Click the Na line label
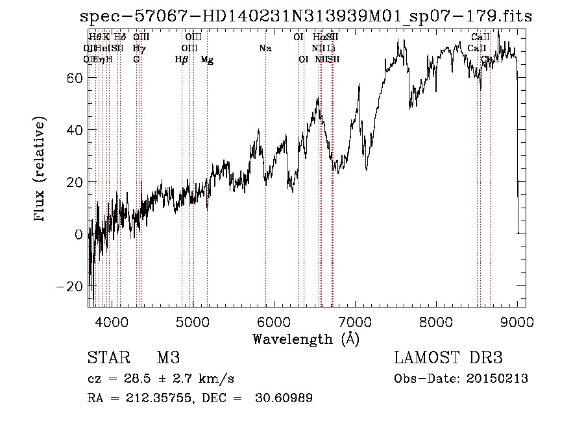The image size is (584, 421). coord(265,48)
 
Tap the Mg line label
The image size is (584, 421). coord(207,60)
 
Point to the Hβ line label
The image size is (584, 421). coord(182,60)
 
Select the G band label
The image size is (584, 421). coord(136,60)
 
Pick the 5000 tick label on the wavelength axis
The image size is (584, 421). coord(193,320)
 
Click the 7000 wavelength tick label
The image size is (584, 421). coord(355,320)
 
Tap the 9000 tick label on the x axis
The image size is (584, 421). coord(517,320)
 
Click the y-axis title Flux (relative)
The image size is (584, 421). coord(40,171)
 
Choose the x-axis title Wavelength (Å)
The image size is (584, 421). coord(306,339)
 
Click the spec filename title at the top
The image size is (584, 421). coord(306,16)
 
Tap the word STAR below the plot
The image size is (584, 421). coord(108,359)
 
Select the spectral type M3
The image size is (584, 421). coord(168,359)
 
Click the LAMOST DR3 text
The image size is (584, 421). coord(448,359)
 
